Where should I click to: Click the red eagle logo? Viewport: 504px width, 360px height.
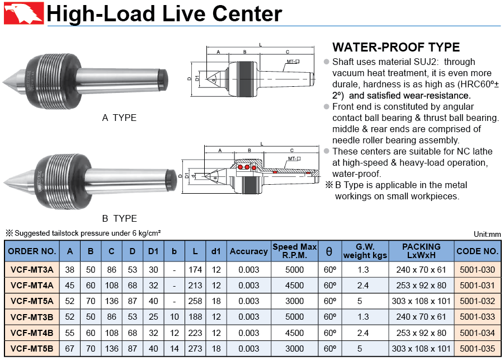point(23,13)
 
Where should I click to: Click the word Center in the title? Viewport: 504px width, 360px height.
point(247,14)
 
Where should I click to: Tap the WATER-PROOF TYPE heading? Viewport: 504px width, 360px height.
point(396,47)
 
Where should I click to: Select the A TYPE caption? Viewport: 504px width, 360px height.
point(119,118)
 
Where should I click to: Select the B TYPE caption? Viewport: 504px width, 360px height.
point(119,218)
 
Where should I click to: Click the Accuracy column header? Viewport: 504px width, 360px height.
point(249,251)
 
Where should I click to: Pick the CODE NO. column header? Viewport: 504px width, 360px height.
point(477,251)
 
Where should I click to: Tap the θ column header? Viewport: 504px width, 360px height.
point(329,251)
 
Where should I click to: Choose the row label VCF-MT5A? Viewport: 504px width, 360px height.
point(32,301)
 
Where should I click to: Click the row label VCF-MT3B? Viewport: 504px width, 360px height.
point(32,317)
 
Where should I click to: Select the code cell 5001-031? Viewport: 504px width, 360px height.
point(477,286)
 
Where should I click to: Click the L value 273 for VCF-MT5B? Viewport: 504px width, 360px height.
point(195,348)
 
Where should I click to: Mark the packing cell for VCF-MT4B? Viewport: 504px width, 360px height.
point(421,333)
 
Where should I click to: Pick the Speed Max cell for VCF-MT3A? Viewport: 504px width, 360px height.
point(294,270)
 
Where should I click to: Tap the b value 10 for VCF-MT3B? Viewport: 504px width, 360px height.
point(174,317)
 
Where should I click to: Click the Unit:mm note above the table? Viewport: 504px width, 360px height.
point(487,234)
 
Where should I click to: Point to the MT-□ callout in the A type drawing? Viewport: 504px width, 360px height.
point(293,62)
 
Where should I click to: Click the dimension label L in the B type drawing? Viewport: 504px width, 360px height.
point(262,144)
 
